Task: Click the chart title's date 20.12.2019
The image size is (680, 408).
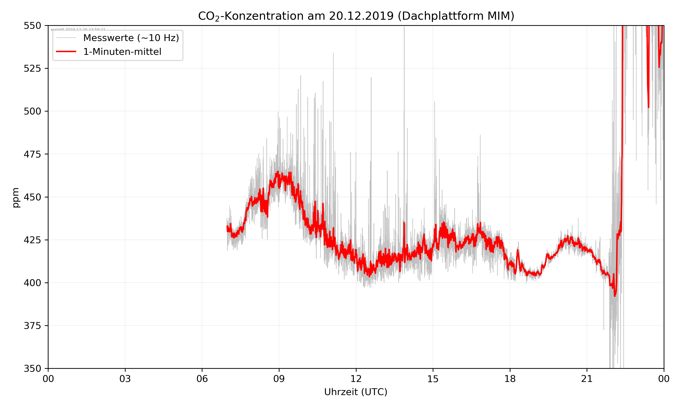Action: coord(361,16)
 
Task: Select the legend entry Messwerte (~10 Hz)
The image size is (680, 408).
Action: coord(131,38)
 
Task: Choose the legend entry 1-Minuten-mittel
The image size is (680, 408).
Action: coord(122,52)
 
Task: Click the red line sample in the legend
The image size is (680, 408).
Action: coord(66,52)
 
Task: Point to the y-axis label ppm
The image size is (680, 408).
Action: coord(16,197)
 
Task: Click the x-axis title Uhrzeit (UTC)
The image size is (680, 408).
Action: coord(356,392)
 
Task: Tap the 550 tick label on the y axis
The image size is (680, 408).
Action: coord(32,26)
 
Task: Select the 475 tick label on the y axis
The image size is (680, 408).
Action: coord(32,154)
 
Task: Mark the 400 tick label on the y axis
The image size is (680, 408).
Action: coord(32,283)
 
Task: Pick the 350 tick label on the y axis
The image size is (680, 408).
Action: coord(32,368)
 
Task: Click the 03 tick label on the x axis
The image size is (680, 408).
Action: coord(125,379)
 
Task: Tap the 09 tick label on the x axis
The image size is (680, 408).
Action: coord(279,379)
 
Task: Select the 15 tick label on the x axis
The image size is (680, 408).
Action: coord(433,379)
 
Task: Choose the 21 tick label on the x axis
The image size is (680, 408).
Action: coord(587,379)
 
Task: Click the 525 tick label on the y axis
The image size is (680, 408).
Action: coord(32,68)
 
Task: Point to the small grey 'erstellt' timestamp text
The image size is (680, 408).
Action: coord(78,29)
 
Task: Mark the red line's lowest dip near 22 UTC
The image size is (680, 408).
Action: coord(615,296)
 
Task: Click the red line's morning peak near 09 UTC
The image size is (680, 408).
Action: coord(278,172)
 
